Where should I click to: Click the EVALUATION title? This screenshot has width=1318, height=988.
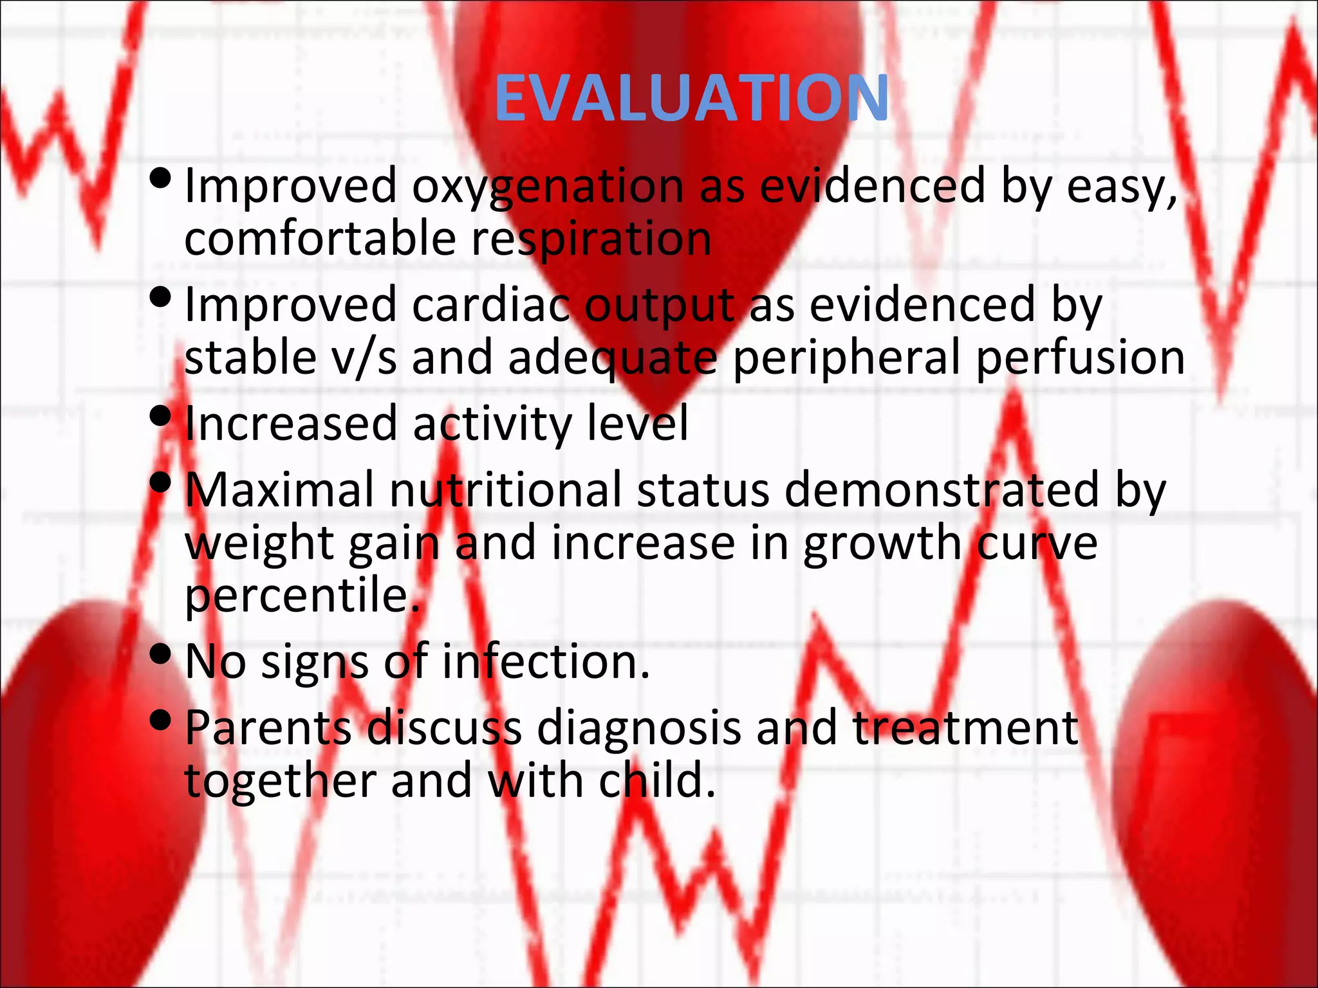tap(692, 98)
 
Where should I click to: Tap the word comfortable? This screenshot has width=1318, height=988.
tap(320, 239)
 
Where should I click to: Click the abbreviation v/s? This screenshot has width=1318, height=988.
tap(364, 358)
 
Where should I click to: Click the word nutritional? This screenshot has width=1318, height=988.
tap(506, 490)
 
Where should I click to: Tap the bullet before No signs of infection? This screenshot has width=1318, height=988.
tap(160, 654)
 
